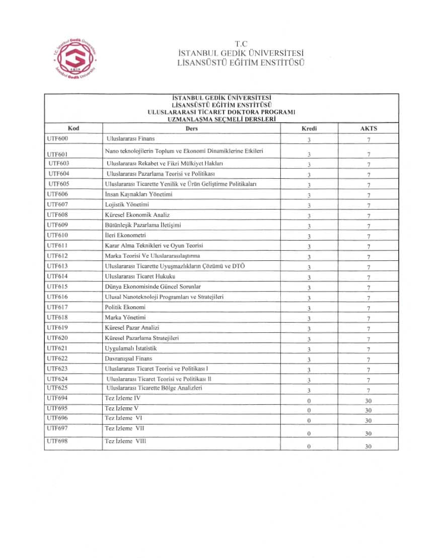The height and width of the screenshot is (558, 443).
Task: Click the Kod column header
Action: click(x=73, y=128)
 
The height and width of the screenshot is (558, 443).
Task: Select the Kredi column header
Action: click(x=309, y=128)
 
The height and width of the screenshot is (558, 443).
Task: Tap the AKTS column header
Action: click(x=368, y=128)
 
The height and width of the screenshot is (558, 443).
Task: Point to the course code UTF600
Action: click(x=57, y=138)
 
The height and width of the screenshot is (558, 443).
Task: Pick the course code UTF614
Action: click(x=57, y=276)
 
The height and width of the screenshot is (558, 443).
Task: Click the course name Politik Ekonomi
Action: click(x=125, y=307)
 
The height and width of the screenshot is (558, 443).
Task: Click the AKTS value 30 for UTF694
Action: click(x=368, y=401)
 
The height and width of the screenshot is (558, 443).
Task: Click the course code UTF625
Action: click(x=57, y=388)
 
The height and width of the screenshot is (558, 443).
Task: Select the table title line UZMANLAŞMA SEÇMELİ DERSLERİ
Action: click(x=221, y=119)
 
